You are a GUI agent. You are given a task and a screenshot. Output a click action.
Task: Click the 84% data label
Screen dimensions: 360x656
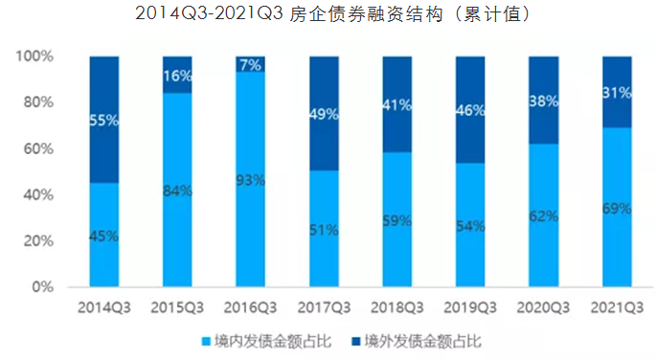[x=177, y=191]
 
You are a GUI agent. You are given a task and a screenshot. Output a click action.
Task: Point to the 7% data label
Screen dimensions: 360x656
[x=251, y=64]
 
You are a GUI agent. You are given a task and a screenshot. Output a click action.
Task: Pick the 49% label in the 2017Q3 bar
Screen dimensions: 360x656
[x=325, y=114]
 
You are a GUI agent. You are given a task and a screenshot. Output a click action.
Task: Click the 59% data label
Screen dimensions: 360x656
[x=397, y=219]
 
